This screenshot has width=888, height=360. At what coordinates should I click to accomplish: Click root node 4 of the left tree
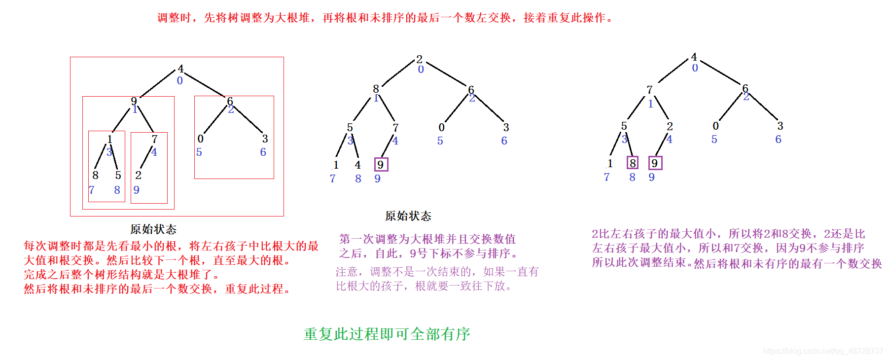(x=180, y=69)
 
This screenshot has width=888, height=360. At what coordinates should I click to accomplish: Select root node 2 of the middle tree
(x=419, y=59)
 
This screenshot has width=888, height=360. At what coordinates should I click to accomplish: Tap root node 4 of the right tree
(x=694, y=57)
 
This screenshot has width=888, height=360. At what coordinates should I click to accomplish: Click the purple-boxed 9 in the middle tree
(x=381, y=164)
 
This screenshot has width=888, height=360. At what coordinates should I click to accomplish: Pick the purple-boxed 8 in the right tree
(x=633, y=163)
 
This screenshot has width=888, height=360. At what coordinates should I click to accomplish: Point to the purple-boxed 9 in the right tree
(x=655, y=163)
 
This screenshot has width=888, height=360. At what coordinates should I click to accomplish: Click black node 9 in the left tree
(x=134, y=101)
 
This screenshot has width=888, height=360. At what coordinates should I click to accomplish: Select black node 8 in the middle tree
(x=376, y=89)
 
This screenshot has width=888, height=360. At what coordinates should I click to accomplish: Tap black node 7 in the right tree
(x=649, y=90)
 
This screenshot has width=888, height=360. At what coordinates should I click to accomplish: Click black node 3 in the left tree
(x=265, y=139)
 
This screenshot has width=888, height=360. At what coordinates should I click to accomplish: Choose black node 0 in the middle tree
(x=441, y=127)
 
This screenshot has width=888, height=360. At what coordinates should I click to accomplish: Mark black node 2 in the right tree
(x=670, y=126)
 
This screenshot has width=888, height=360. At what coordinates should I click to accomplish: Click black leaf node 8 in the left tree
(x=95, y=175)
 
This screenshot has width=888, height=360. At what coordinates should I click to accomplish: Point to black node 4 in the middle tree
(x=357, y=165)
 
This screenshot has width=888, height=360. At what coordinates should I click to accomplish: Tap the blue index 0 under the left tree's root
(x=179, y=80)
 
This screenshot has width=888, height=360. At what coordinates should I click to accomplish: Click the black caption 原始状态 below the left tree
(x=153, y=229)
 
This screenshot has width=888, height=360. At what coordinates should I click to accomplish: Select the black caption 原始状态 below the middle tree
(x=408, y=216)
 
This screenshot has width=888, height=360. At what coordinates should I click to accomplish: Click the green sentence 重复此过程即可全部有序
(x=387, y=334)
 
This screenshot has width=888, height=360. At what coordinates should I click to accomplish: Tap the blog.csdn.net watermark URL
(x=823, y=351)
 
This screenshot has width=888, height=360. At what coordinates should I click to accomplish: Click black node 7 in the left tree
(x=154, y=139)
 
